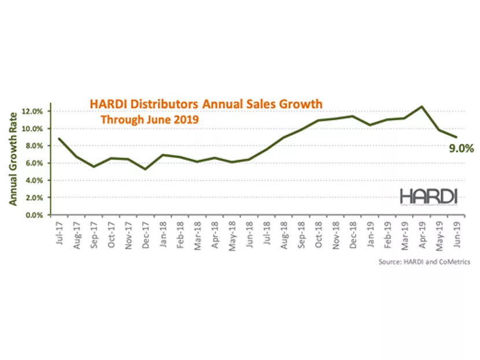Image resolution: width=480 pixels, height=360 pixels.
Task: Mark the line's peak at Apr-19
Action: [x=422, y=106]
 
